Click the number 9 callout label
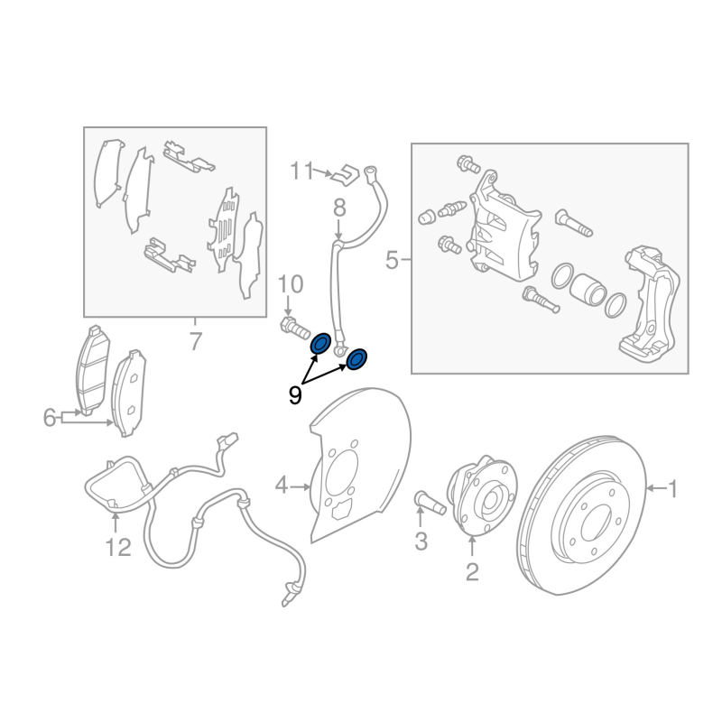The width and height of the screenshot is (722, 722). click(295, 395)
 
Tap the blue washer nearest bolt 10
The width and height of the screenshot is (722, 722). click(320, 344)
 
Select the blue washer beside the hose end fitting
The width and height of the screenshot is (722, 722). click(356, 359)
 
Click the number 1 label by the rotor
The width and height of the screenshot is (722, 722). click(672, 488)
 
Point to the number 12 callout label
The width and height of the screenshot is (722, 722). click(118, 548)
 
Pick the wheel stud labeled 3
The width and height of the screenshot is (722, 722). click(430, 503)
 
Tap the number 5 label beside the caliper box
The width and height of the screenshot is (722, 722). click(392, 260)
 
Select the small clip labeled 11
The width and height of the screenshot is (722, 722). click(346, 173)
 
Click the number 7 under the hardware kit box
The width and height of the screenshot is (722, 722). click(196, 342)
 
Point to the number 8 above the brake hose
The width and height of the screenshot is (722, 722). click(339, 208)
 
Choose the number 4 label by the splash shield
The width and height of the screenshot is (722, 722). click(282, 486)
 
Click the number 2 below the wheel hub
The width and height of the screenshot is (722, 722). click(472, 572)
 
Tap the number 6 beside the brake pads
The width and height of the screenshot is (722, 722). click(50, 418)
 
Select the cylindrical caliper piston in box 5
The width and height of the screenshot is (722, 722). click(588, 289)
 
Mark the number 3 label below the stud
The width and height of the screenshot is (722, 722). click(421, 541)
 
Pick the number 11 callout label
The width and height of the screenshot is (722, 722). click(302, 171)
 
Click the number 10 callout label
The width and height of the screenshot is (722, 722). click(291, 284)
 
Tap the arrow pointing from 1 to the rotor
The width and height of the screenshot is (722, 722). click(656, 488)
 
